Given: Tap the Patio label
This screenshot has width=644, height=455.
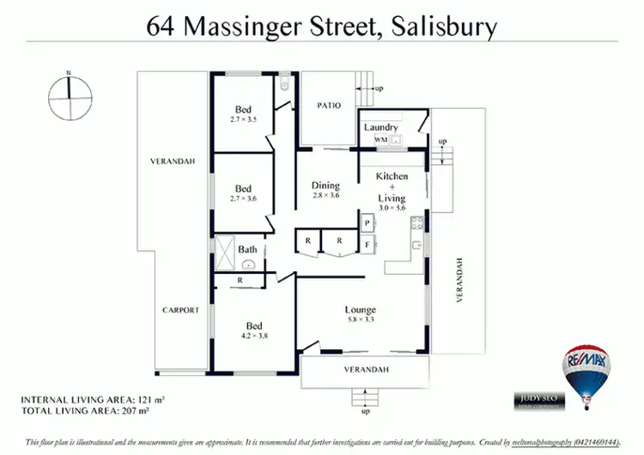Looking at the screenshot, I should tap(329, 106).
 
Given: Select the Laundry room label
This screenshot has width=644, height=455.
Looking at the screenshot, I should tap(381, 127).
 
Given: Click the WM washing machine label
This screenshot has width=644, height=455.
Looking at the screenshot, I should tap(380, 139).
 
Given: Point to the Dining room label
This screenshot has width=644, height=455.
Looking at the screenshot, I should tap(325, 185).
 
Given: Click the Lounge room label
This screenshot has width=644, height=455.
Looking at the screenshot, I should tap(360, 310).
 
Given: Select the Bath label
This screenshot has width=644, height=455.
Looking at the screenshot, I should tap(247, 250).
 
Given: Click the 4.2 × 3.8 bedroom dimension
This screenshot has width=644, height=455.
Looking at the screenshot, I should tap(253, 337).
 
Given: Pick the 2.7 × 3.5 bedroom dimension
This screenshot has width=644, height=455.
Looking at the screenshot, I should tap(244, 119).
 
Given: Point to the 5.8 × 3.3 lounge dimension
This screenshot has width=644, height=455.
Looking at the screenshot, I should tap(360, 320).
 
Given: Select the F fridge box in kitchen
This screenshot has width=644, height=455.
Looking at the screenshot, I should tap(367, 244).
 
